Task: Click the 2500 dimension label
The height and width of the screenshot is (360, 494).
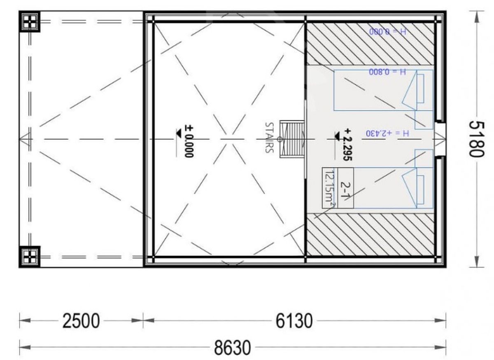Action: click(81, 321)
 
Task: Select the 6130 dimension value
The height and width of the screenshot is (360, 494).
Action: click(294, 321)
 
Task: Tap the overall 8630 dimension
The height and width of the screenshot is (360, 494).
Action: click(232, 348)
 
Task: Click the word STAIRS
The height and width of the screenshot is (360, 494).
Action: click(269, 137)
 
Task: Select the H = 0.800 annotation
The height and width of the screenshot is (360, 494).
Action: click(387, 72)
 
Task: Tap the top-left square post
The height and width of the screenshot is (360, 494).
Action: click(30, 21)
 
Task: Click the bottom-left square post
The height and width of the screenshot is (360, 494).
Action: click(30, 257)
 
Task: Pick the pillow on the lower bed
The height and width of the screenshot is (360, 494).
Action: click(420, 189)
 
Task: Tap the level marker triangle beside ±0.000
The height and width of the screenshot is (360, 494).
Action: click(179, 133)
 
